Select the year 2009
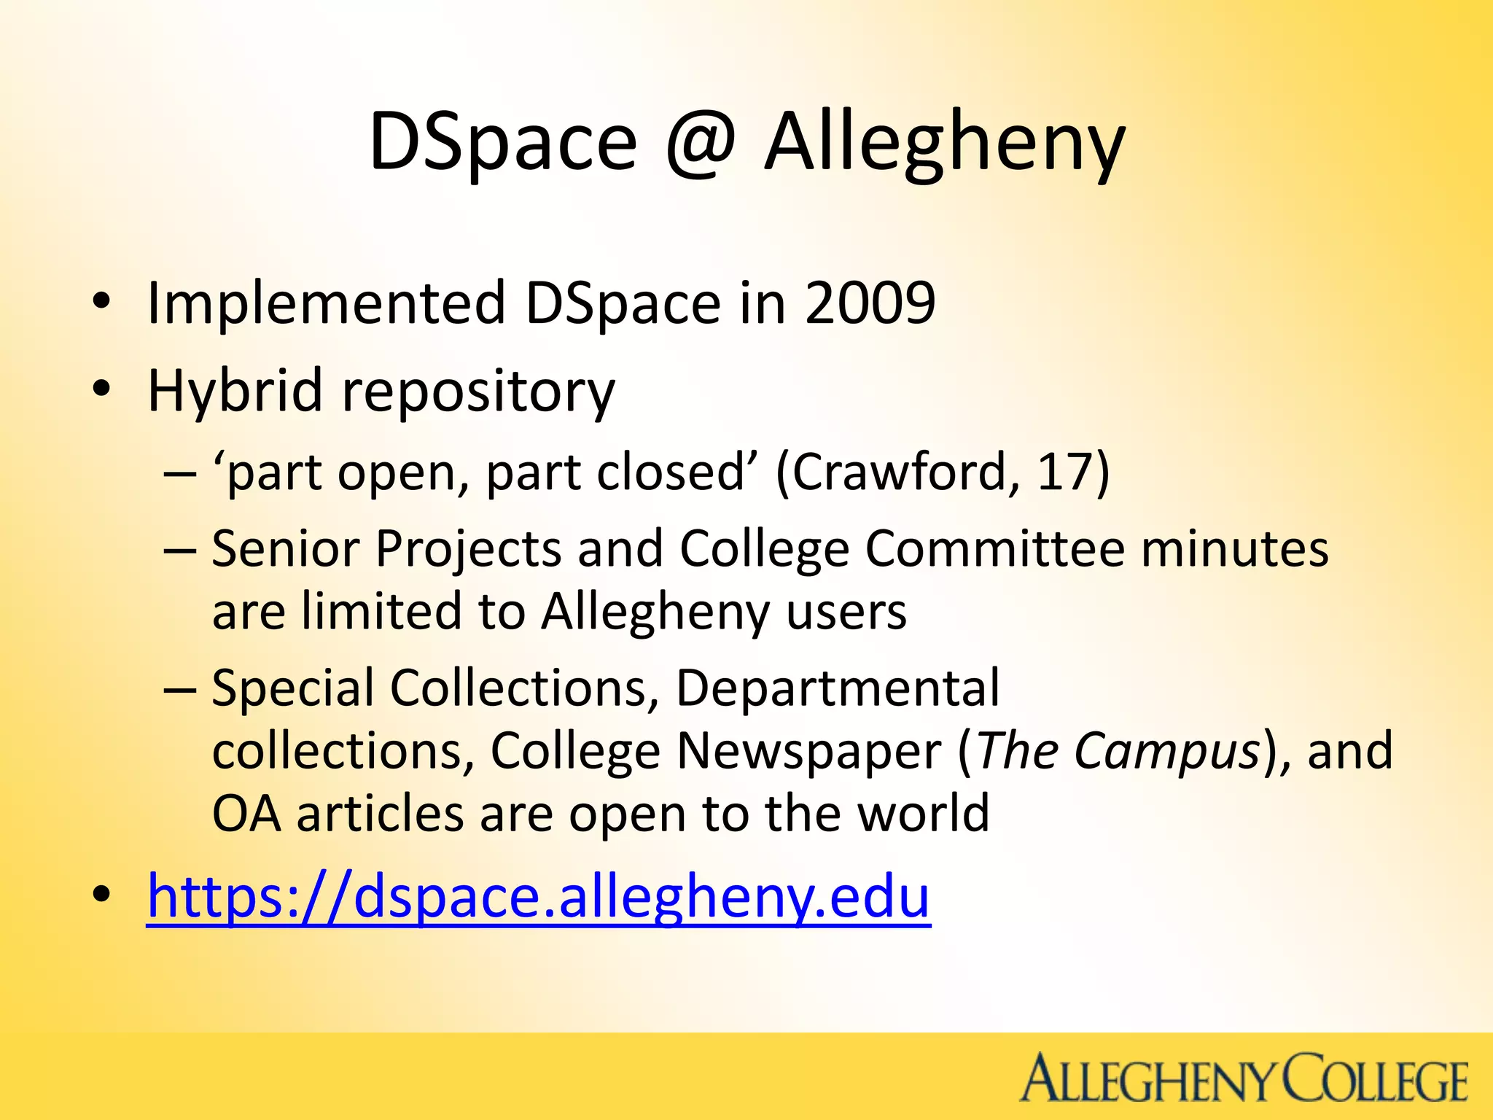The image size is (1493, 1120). pos(870,303)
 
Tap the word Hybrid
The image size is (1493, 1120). pos(235,391)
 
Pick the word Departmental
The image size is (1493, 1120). pos(838,688)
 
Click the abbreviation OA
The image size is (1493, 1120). pos(246,814)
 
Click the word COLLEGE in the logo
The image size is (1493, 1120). pos(1374,1078)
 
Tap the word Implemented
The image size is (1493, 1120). pos(326,303)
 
